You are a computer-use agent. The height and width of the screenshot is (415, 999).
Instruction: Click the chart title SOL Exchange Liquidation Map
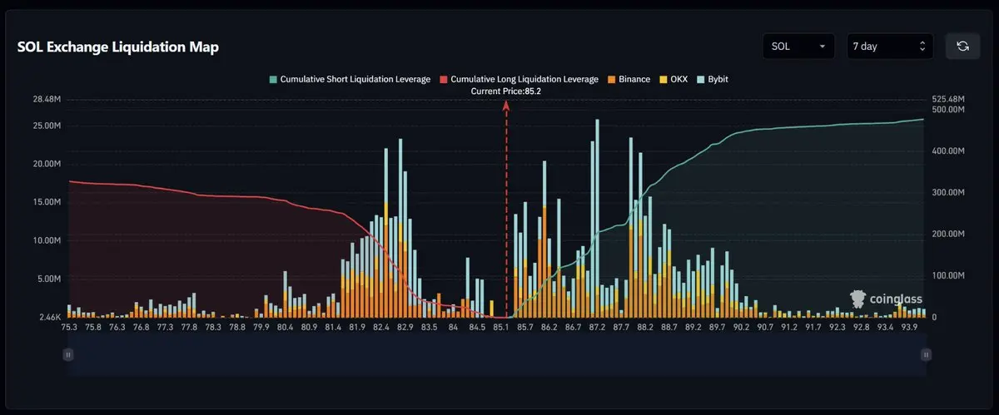click(x=118, y=47)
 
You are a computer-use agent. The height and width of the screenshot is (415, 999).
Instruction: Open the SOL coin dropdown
click(x=798, y=47)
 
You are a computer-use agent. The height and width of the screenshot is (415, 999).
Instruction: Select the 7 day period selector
click(x=888, y=47)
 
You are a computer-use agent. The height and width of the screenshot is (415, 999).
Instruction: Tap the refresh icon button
click(x=962, y=47)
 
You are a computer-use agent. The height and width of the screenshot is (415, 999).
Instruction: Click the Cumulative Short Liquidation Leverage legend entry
click(x=349, y=79)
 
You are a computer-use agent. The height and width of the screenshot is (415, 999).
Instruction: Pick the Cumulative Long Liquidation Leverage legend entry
click(x=519, y=79)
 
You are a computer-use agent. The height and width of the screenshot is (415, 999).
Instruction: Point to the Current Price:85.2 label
click(x=505, y=91)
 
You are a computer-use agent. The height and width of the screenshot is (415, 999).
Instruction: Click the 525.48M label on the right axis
click(x=948, y=99)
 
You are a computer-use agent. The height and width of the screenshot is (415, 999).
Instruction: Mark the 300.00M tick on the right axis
click(x=948, y=192)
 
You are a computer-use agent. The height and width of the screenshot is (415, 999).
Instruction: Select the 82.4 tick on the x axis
click(x=381, y=328)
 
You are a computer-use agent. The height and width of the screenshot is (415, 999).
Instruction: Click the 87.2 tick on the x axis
click(x=597, y=328)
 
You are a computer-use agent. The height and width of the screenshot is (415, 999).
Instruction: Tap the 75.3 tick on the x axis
click(x=69, y=328)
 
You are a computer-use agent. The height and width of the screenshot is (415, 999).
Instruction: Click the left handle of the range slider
click(x=68, y=354)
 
